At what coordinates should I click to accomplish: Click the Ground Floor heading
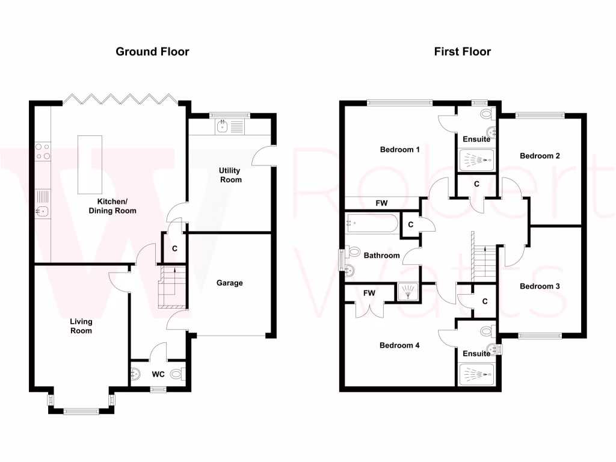click(152, 52)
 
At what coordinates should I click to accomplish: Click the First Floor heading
click(462, 52)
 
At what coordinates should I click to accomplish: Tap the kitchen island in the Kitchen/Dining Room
click(90, 164)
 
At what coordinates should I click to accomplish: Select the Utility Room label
click(230, 175)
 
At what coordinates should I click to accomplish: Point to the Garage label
click(230, 283)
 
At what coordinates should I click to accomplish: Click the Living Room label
click(81, 326)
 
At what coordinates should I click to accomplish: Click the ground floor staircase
click(168, 288)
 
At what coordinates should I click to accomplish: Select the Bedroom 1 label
click(400, 149)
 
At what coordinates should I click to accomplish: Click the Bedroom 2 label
click(540, 156)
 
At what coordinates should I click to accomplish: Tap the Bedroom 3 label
click(540, 286)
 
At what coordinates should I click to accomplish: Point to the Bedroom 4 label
click(399, 345)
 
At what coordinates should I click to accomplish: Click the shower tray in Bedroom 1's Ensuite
click(476, 160)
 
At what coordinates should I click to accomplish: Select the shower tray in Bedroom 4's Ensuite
click(476, 374)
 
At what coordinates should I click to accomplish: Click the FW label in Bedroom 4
click(369, 293)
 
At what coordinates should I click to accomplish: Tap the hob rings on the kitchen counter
click(43, 150)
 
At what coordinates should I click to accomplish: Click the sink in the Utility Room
click(222, 126)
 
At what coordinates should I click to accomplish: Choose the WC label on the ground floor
click(158, 374)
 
